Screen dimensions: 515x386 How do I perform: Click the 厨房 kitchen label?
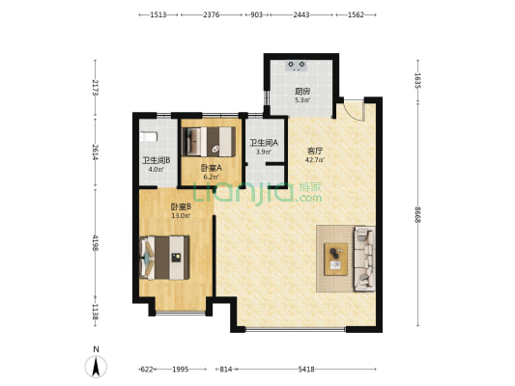302,91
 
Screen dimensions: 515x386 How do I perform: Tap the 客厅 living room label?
315,151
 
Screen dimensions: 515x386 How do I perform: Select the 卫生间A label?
264,143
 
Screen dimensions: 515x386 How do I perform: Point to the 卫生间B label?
156,160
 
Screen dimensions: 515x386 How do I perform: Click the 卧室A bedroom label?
212,168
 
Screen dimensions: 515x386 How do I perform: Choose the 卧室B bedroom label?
181,207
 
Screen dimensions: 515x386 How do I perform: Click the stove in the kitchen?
297,66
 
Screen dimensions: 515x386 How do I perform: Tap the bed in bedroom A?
209,141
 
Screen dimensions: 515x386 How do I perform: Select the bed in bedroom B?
164,258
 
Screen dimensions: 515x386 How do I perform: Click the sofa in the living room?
364,259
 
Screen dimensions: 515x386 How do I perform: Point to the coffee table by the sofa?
335,259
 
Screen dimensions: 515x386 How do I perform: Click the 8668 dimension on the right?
417,215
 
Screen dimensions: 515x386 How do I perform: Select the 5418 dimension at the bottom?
306,370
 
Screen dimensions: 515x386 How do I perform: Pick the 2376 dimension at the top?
212,14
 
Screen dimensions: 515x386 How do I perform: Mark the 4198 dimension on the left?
96,243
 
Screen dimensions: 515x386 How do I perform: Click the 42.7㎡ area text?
315,160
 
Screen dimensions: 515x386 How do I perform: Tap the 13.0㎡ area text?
181,216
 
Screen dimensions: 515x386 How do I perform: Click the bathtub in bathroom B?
149,137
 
